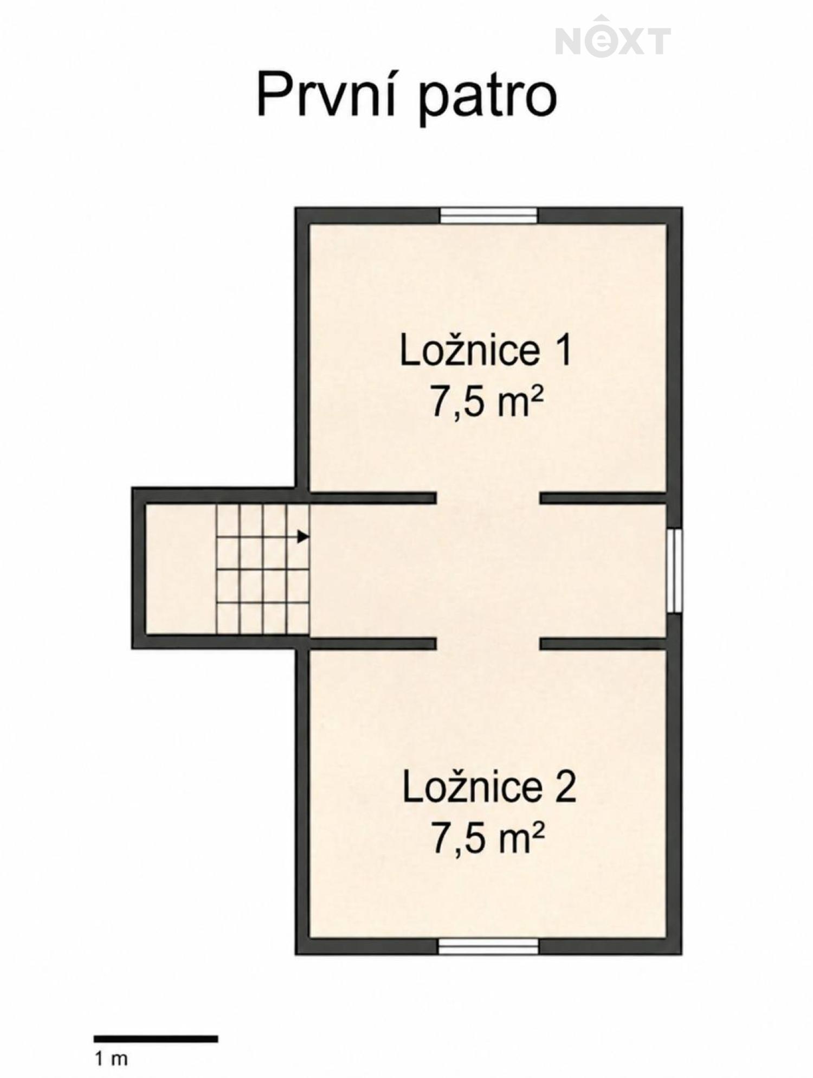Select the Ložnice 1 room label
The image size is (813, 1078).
click(x=486, y=351)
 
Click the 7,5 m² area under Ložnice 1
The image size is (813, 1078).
click(x=486, y=402)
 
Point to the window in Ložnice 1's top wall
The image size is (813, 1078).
click(x=488, y=215)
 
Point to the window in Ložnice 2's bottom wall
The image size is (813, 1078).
click(x=488, y=946)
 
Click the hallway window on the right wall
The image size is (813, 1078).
click(x=674, y=571)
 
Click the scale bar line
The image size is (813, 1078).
click(x=156, y=1024)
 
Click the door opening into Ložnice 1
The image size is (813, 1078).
click(x=488, y=498)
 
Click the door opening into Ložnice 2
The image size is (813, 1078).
click(x=488, y=644)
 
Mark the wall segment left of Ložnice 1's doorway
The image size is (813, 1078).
click(x=372, y=498)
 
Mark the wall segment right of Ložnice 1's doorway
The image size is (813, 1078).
click(x=603, y=498)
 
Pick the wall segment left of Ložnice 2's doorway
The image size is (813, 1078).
click(x=372, y=644)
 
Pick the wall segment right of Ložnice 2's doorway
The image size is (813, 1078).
click(x=603, y=644)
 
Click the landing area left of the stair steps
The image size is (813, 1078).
click(x=181, y=569)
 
